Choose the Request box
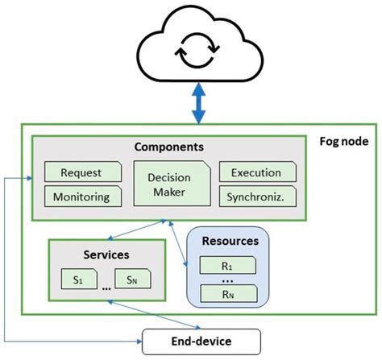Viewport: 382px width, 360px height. point(81,172)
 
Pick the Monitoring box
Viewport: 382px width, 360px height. point(81,196)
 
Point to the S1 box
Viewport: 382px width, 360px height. point(78,279)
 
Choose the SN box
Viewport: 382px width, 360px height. point(135,279)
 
